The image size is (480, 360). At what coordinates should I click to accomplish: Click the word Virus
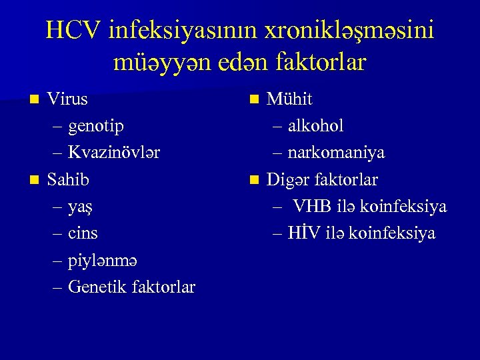click(67, 99)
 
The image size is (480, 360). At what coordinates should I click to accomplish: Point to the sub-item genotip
click(96, 126)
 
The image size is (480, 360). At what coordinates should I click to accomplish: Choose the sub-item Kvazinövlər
click(114, 153)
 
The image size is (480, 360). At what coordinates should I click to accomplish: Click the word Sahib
click(68, 179)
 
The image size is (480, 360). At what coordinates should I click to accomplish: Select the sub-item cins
click(83, 233)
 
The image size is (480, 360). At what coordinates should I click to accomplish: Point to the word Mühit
click(289, 99)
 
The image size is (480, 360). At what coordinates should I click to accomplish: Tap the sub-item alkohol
click(316, 126)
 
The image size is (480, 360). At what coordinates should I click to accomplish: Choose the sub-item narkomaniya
click(336, 153)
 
